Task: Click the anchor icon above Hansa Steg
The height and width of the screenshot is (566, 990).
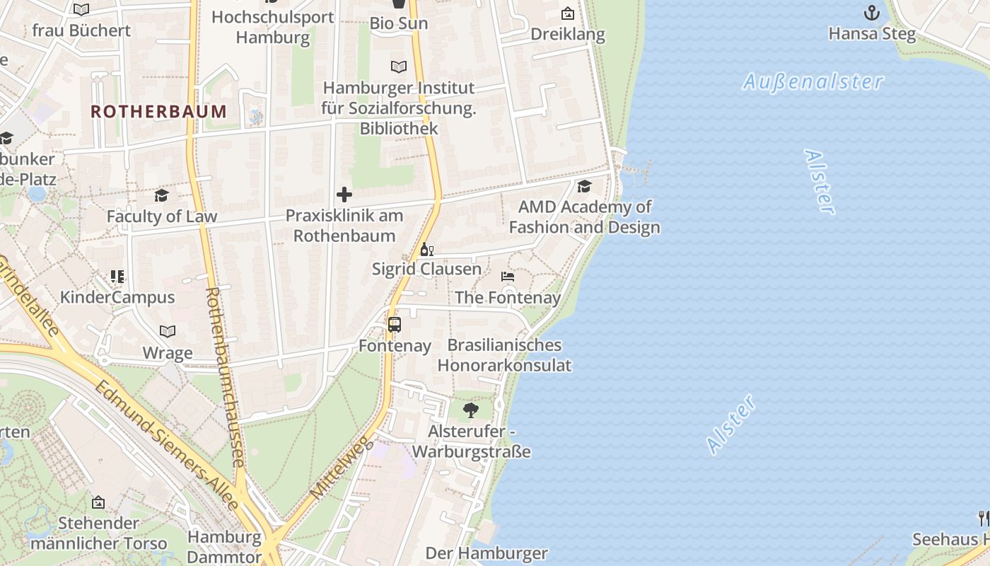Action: pyautogui.click(x=872, y=13)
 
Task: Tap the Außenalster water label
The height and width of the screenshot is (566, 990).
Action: pyautogui.click(x=813, y=82)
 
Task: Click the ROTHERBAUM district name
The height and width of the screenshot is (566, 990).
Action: pyautogui.click(x=158, y=111)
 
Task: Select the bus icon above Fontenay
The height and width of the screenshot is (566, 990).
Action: pyautogui.click(x=395, y=325)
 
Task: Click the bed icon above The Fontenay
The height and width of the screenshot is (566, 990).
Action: pyautogui.click(x=508, y=277)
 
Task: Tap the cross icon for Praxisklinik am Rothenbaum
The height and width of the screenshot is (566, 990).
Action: pyautogui.click(x=344, y=195)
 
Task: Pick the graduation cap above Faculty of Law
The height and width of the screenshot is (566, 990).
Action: pyautogui.click(x=162, y=196)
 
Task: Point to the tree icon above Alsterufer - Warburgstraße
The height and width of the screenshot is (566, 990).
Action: pyautogui.click(x=470, y=410)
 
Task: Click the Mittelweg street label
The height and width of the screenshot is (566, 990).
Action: pyautogui.click(x=342, y=467)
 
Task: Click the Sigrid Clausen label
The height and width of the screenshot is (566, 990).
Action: pyautogui.click(x=426, y=269)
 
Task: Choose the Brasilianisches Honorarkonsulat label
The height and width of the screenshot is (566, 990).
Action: pyautogui.click(x=504, y=355)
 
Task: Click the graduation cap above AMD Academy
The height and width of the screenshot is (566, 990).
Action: pyautogui.click(x=584, y=187)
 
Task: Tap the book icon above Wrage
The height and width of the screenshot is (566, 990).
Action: pyautogui.click(x=168, y=331)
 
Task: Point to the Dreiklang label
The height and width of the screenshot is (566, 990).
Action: pyautogui.click(x=567, y=34)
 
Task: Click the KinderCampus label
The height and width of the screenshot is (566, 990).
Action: pyautogui.click(x=117, y=296)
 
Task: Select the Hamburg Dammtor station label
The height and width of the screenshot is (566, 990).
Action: pyautogui.click(x=224, y=546)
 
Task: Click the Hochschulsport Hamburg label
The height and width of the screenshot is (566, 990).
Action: pyautogui.click(x=273, y=27)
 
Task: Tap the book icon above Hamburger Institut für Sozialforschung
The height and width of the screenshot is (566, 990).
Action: pyautogui.click(x=399, y=67)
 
